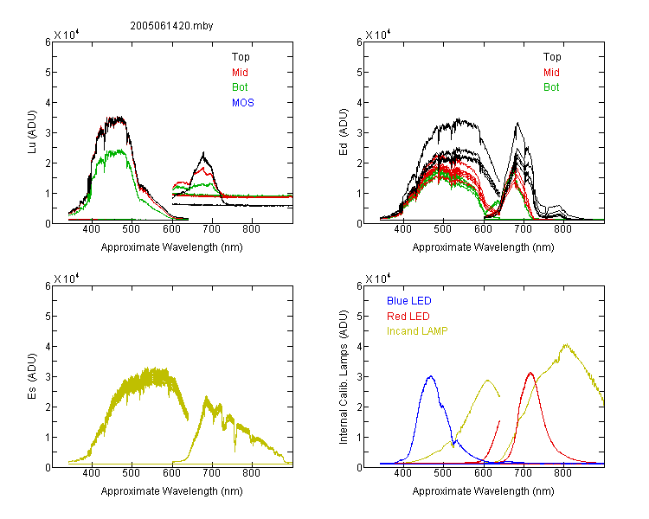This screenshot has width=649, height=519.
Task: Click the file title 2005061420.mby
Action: click(171, 26)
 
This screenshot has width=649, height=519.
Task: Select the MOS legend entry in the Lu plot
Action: click(243, 103)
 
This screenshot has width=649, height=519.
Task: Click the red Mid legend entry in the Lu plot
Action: click(240, 73)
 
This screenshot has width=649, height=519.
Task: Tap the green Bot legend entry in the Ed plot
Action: click(551, 87)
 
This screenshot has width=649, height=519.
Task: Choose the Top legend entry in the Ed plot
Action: click(552, 57)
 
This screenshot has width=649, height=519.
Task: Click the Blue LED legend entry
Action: click(409, 301)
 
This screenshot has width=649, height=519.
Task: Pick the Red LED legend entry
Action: click(408, 317)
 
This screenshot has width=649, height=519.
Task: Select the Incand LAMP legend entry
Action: click(417, 331)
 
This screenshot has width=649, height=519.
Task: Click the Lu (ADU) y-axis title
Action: click(32, 132)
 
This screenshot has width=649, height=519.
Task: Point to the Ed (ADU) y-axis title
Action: click(344, 132)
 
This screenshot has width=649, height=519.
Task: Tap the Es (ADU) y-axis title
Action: click(32, 376)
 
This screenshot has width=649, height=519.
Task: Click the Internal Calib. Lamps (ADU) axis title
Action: click(344, 377)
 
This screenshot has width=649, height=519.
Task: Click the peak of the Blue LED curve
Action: click(431, 376)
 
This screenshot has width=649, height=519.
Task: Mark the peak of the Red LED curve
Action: click(530, 373)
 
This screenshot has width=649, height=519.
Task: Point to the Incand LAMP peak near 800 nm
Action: click(566, 344)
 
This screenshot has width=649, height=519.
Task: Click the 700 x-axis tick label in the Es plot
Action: click(211, 473)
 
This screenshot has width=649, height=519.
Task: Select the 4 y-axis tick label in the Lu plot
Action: click(48, 102)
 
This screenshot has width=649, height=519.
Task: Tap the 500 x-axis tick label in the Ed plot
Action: click(443, 229)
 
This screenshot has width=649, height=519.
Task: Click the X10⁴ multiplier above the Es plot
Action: click(67, 279)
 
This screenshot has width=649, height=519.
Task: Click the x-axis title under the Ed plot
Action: click(483, 247)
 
